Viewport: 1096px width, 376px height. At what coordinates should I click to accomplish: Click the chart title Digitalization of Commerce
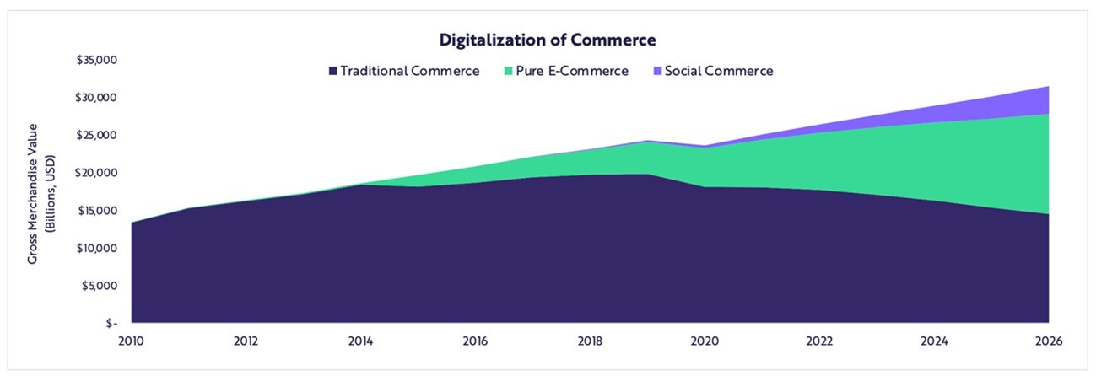[548, 40]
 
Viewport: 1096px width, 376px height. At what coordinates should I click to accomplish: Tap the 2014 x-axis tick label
[361, 341]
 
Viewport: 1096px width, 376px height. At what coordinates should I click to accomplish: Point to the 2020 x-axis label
[705, 341]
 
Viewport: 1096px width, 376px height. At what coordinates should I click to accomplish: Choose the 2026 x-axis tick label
[1049, 341]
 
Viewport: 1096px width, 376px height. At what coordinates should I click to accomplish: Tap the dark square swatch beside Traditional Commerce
[333, 72]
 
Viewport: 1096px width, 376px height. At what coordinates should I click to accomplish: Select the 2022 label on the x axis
[820, 341]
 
